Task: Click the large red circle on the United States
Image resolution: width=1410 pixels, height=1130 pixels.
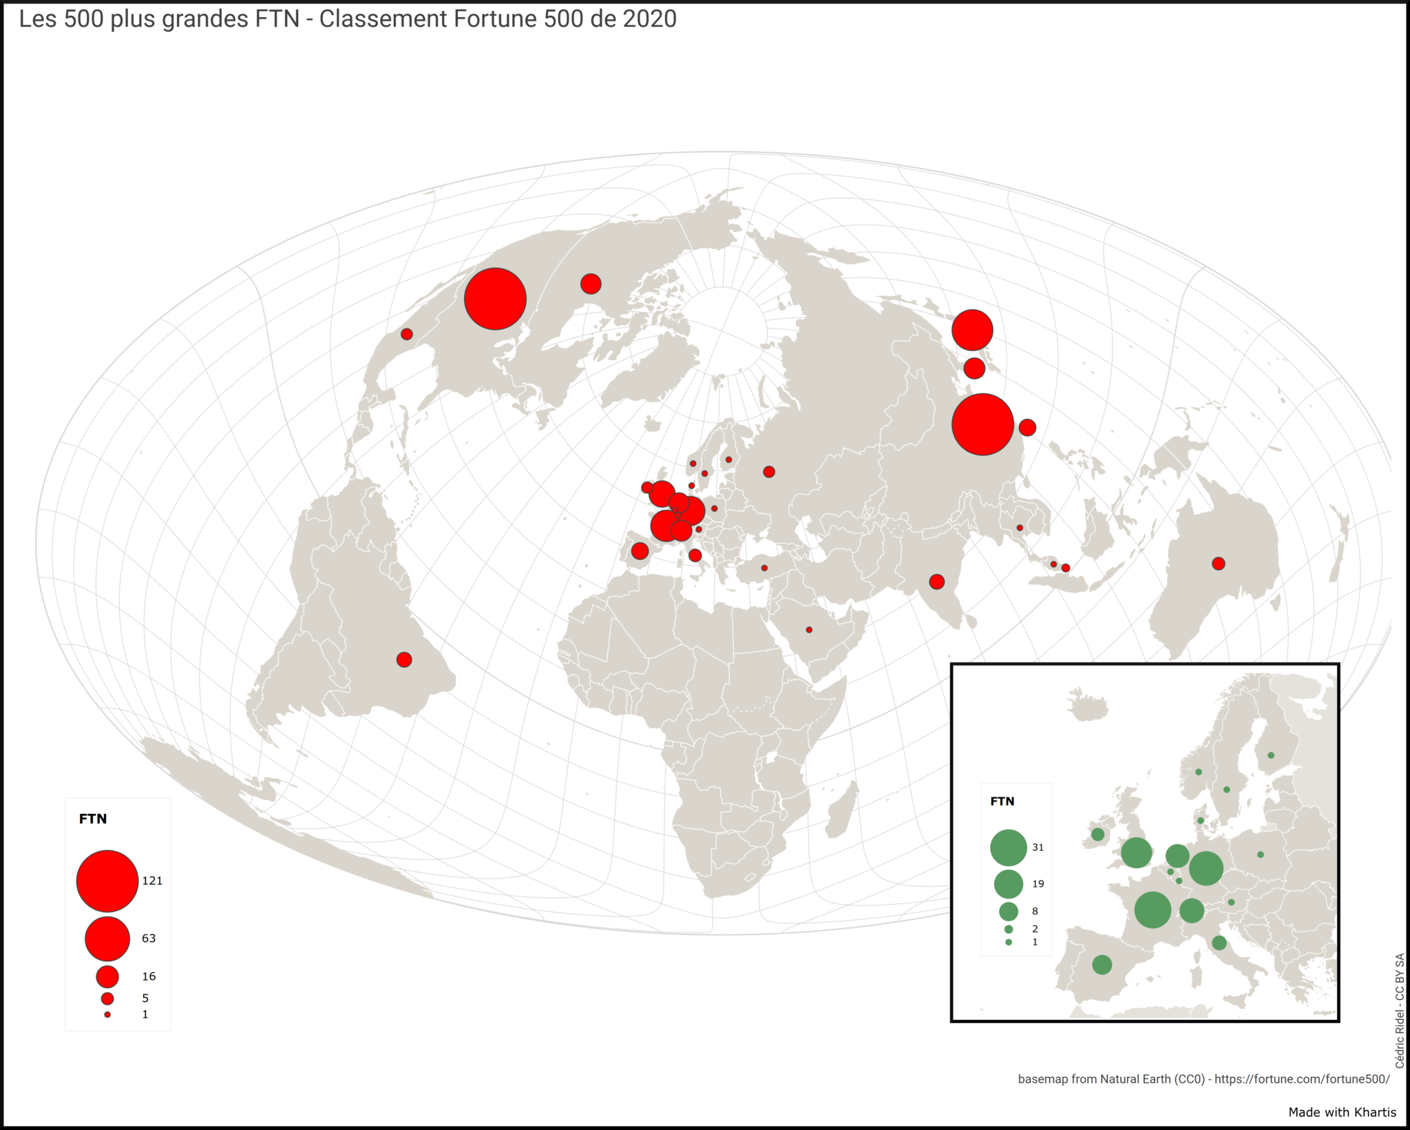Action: [495, 299]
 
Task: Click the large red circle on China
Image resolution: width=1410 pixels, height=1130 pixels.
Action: [982, 424]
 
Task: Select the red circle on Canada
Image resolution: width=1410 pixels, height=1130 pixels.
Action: [591, 284]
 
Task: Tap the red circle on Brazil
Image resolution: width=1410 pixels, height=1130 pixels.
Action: [404, 660]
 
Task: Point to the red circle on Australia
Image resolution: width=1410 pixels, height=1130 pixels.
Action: [1218, 564]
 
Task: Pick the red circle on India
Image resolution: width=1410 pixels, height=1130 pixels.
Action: [936, 582]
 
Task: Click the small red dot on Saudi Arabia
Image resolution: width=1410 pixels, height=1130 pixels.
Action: [809, 630]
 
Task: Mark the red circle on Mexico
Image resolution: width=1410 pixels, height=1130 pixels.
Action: [407, 334]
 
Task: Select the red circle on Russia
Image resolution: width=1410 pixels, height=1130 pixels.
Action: [769, 472]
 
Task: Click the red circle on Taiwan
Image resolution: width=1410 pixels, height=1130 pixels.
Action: [1027, 428]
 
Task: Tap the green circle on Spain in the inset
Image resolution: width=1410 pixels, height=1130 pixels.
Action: [1102, 965]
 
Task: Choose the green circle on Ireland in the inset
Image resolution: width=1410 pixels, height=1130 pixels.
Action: [1097, 835]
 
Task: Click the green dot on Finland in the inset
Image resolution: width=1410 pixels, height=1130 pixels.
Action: [1271, 755]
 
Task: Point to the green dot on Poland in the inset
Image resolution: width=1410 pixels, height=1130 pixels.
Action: [1261, 855]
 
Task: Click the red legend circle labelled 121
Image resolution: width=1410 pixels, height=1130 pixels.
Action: [107, 881]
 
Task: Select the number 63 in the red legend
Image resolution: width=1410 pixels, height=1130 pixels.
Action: [149, 939]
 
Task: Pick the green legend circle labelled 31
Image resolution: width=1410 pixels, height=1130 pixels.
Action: [1009, 848]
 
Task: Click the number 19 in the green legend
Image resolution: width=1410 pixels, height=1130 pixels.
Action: [1038, 884]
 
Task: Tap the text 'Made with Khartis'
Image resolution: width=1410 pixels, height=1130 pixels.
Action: [1342, 1112]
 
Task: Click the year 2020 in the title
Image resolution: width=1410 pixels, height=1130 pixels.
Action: [649, 19]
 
